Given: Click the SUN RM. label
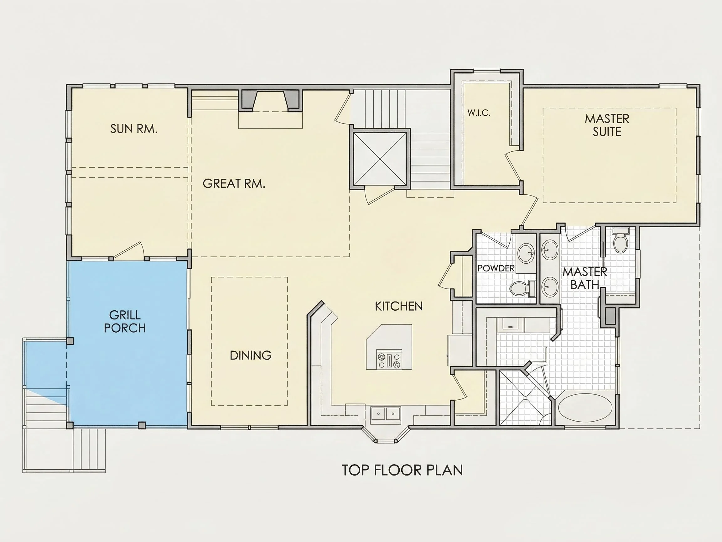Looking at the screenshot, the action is tap(134, 129).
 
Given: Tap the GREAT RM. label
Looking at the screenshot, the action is tap(234, 183).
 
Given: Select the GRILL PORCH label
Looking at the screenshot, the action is tap(125, 322).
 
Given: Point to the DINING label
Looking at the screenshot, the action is tap(251, 355).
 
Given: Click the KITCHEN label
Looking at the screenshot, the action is tap(399, 306).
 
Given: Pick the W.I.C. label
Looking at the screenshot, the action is tap(479, 113).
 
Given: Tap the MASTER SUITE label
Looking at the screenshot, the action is tap(607, 125).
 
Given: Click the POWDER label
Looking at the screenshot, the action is tap(496, 268).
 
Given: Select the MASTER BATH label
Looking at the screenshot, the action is tap(585, 278).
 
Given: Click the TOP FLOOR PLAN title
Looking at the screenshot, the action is tap(403, 470).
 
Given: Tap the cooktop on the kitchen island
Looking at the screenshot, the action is tap(389, 360).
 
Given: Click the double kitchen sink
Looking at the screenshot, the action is tap(386, 414).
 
